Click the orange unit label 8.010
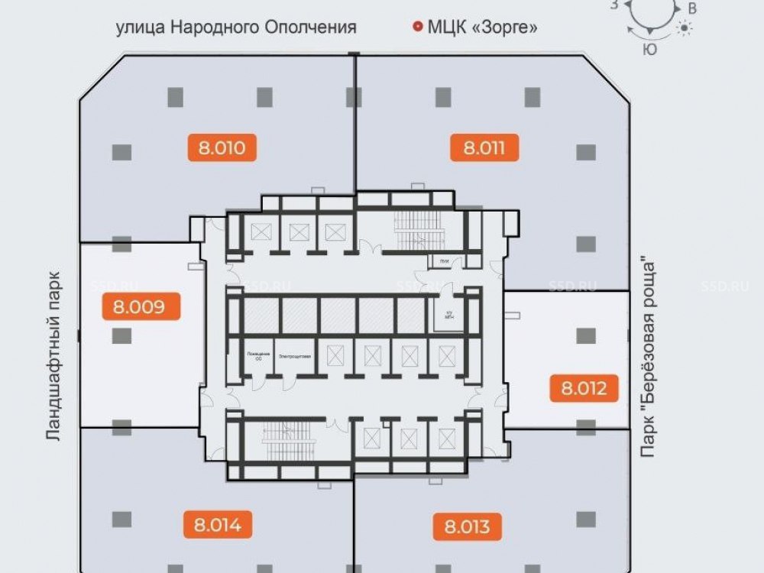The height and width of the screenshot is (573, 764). (x=222, y=147)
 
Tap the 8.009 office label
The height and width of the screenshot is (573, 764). (x=138, y=308)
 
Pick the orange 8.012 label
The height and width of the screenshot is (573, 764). (x=584, y=388)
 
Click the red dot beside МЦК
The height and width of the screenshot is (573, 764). (x=417, y=28)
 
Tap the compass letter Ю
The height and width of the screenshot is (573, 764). (x=650, y=50)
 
